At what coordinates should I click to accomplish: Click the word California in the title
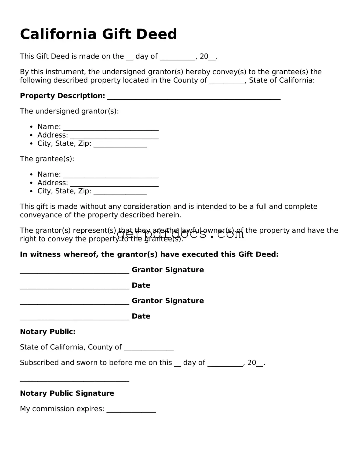click(58, 34)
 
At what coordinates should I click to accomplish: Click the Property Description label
click(62, 96)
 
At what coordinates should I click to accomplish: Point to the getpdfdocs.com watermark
click(180, 234)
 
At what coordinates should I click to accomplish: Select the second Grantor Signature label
click(168, 301)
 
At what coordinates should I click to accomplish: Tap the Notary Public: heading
click(48, 332)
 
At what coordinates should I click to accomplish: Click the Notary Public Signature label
click(67, 393)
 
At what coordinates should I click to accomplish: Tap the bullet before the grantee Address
click(32, 183)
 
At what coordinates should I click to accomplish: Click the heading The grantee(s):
click(47, 159)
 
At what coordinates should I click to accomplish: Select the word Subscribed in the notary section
click(39, 363)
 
